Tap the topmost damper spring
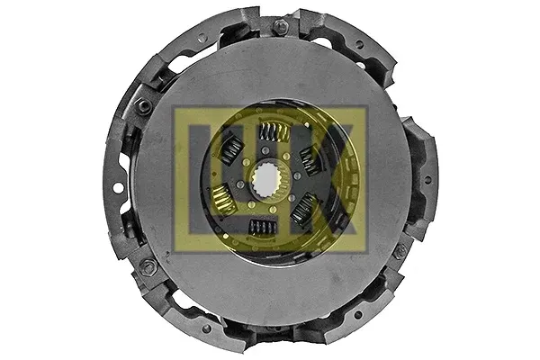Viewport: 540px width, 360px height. [x=274, y=132]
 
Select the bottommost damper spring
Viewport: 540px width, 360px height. [x=263, y=227]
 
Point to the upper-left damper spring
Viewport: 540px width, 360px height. [x=230, y=149]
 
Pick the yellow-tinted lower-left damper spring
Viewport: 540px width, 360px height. [x=224, y=199]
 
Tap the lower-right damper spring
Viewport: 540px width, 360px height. [x=304, y=209]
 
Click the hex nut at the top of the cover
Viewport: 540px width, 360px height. [x=280, y=25]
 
